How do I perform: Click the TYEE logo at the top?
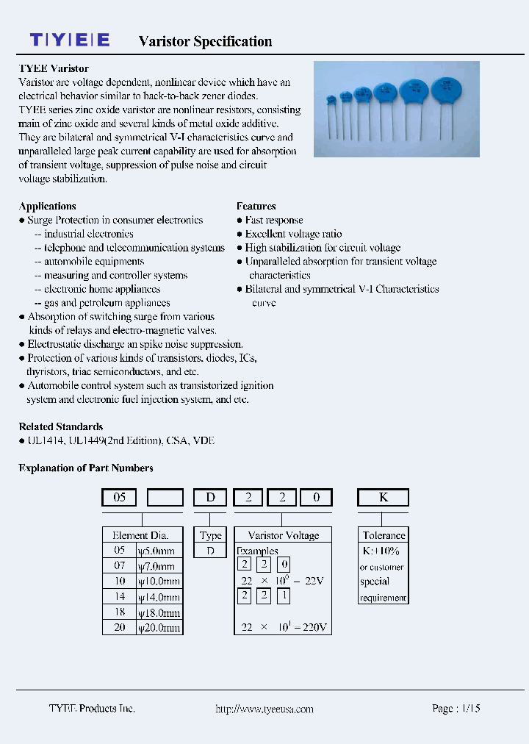click(x=70, y=40)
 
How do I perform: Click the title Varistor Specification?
click(x=205, y=42)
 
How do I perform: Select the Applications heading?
click(x=47, y=207)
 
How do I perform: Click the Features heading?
click(x=256, y=207)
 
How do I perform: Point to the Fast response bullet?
click(x=273, y=221)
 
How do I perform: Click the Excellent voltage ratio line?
click(x=293, y=234)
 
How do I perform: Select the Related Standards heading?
click(x=60, y=427)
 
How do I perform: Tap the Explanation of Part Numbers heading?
click(x=85, y=468)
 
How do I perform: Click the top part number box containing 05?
click(x=119, y=498)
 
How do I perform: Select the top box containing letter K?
click(x=383, y=498)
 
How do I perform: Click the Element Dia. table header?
click(x=140, y=536)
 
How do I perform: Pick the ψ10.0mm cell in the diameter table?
click(x=158, y=582)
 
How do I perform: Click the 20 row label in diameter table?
click(x=119, y=628)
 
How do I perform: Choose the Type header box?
click(x=211, y=536)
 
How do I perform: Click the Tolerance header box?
click(x=384, y=536)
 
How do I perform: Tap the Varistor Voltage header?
click(x=283, y=536)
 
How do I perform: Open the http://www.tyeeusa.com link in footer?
click(x=264, y=709)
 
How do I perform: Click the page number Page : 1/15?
click(x=456, y=709)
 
